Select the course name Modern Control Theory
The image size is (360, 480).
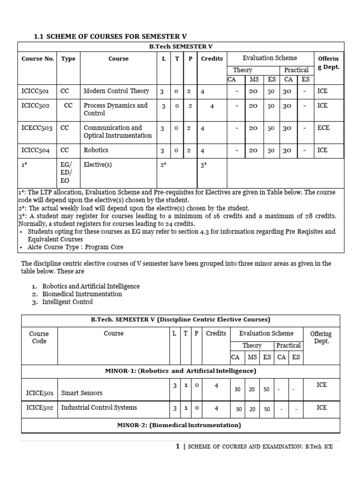[x=116, y=91]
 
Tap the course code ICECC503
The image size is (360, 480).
[x=37, y=128]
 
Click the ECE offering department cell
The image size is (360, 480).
[x=323, y=128]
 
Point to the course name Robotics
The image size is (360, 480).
[x=96, y=150]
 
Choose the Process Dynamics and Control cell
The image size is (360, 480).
[x=115, y=109]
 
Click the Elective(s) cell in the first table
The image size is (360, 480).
[x=97, y=165]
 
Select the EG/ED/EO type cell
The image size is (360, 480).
[x=68, y=173]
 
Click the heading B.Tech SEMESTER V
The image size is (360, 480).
[x=181, y=46]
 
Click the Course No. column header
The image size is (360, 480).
[x=37, y=59]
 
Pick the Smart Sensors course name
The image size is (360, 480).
[x=82, y=393]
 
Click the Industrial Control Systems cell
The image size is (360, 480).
[x=99, y=408]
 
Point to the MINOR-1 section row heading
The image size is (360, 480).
[x=180, y=371]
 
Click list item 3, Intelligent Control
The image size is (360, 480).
[x=67, y=302]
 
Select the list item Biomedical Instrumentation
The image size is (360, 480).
[x=82, y=294]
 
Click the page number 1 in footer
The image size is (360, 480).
[x=178, y=447]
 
